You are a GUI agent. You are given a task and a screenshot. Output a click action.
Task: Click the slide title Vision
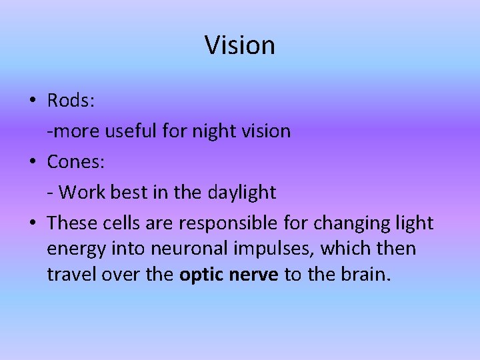coord(240,45)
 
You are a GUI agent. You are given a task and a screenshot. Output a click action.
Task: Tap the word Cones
coord(73,162)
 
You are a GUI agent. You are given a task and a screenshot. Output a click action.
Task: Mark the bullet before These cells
coord(32,223)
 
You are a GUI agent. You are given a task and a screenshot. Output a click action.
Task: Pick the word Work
coord(79,193)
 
